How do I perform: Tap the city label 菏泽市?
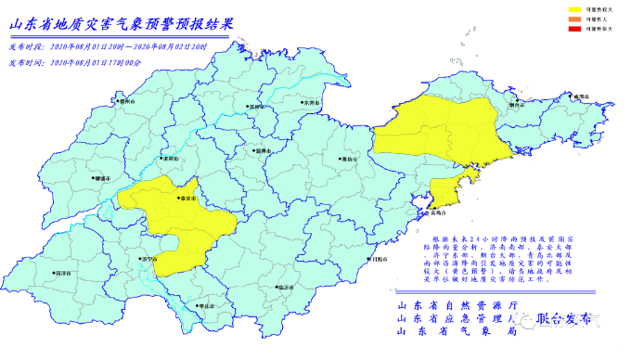[63, 275]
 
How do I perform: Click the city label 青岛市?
[437, 212]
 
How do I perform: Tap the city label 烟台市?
[516, 105]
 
